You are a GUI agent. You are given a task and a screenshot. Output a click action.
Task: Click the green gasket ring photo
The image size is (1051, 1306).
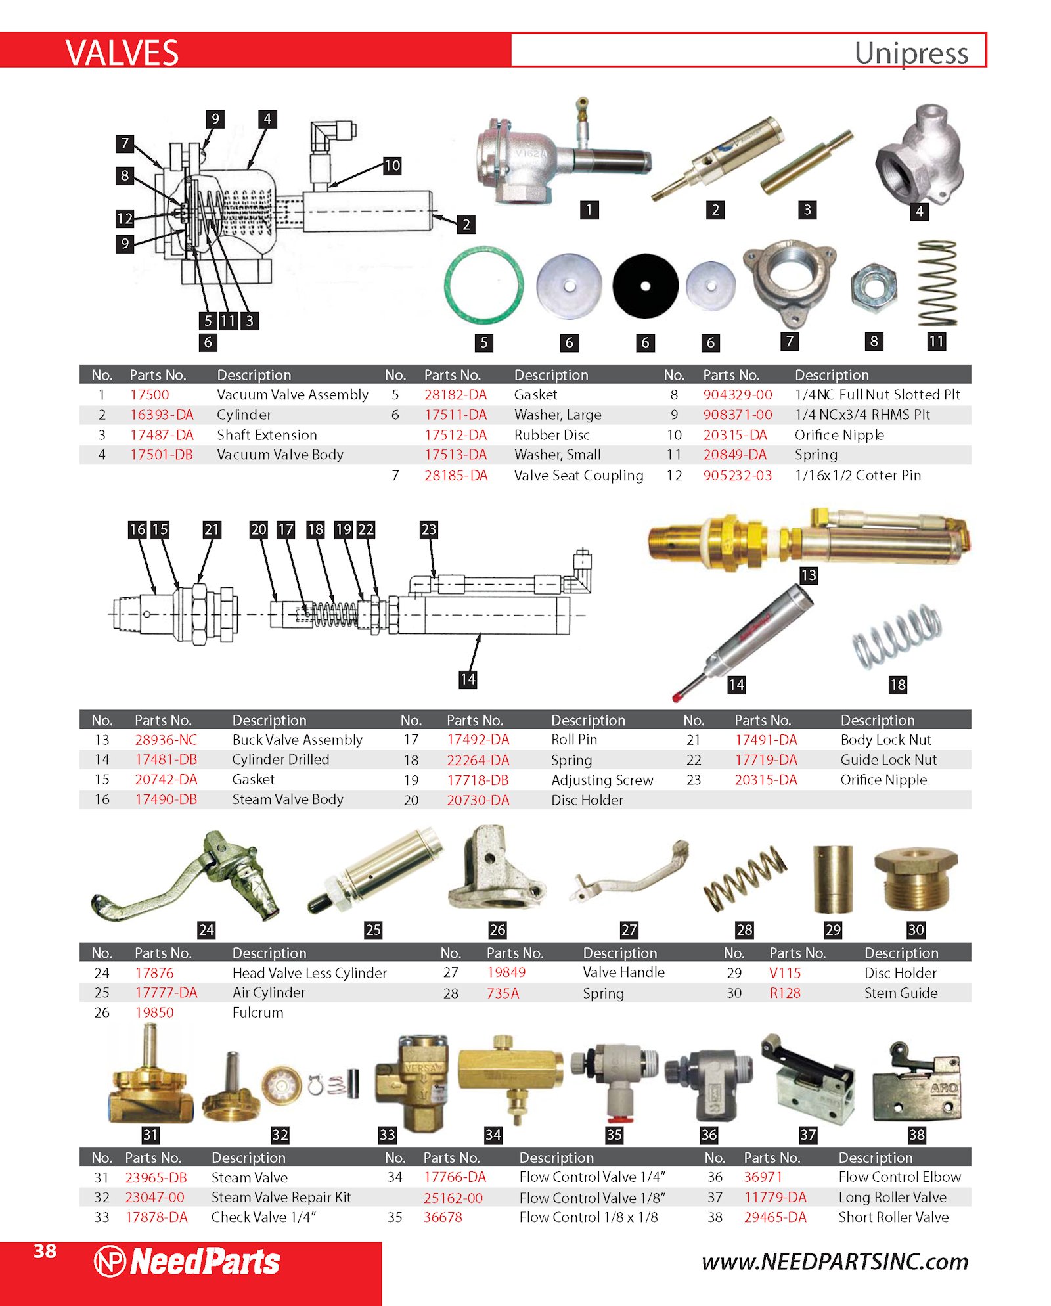click(x=483, y=284)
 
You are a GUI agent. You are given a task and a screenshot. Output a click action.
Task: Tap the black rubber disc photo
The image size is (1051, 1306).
click(x=645, y=286)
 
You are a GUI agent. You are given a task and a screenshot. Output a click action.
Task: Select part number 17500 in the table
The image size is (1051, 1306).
click(x=149, y=395)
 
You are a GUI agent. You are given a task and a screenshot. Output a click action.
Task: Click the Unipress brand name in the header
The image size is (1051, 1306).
click(x=911, y=53)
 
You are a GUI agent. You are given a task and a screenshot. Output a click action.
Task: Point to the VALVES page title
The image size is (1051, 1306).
click(x=122, y=53)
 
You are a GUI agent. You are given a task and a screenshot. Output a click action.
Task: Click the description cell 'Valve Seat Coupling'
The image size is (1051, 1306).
click(x=579, y=475)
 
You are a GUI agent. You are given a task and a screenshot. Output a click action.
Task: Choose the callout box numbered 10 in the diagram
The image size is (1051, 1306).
click(x=392, y=166)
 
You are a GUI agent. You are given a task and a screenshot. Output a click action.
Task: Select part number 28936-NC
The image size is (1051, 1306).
click(x=166, y=740)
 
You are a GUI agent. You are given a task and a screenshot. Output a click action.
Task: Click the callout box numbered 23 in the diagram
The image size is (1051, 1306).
click(x=429, y=529)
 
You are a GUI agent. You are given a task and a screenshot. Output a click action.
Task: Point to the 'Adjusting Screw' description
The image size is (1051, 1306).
click(x=602, y=780)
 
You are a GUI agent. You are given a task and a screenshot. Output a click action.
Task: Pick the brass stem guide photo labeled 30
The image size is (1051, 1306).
click(x=916, y=879)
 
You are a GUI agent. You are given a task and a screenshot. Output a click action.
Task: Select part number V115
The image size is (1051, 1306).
click(x=785, y=973)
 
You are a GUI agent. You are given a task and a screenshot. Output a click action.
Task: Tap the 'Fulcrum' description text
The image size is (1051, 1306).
click(x=258, y=1012)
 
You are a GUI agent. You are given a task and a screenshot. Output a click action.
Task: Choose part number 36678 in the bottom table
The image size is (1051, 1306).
click(x=443, y=1217)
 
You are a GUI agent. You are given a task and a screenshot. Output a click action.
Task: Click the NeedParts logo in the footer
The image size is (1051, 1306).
click(x=187, y=1262)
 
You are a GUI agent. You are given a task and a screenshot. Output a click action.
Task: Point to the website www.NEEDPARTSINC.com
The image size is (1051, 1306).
click(x=835, y=1262)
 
